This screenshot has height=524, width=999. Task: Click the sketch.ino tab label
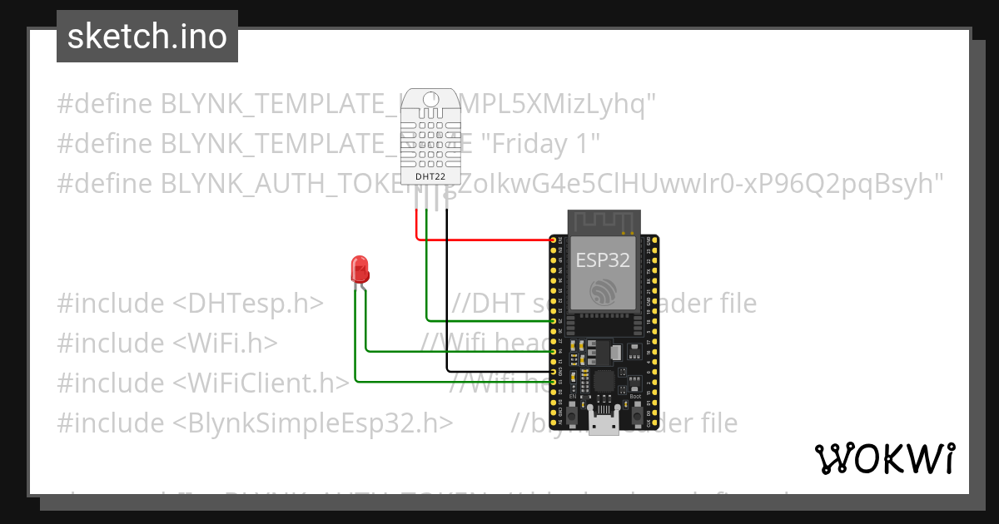(x=147, y=37)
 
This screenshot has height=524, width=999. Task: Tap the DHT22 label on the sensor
(x=431, y=175)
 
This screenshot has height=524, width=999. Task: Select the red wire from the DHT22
(x=483, y=240)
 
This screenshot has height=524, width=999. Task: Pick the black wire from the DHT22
(x=447, y=291)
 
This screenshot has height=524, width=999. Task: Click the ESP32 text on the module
(x=603, y=260)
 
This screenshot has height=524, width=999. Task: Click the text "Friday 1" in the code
(x=542, y=143)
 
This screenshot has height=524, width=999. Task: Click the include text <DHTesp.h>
(x=248, y=304)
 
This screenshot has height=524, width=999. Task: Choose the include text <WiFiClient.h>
(x=261, y=383)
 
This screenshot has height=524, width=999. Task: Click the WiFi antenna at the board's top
(x=603, y=222)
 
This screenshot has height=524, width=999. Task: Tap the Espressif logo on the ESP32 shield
(x=603, y=292)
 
